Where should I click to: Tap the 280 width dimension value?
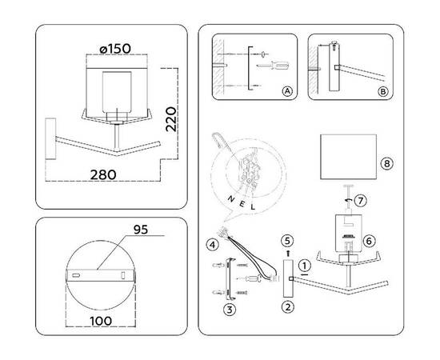[x=103, y=174]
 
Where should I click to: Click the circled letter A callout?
[x=286, y=92]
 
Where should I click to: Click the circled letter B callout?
[x=386, y=92]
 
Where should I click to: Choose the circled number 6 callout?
[x=369, y=240]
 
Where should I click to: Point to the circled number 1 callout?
[x=303, y=264]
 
